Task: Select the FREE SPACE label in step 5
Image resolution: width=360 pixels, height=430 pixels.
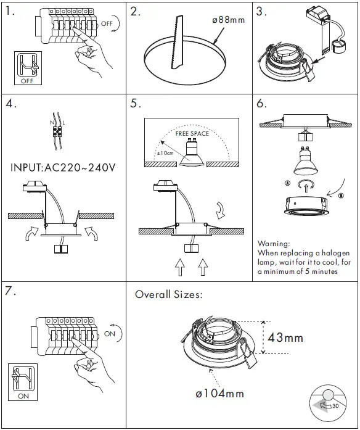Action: (x=192, y=133)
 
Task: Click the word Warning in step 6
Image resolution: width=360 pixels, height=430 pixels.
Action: (x=273, y=244)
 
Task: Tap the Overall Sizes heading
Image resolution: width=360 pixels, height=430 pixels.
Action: (x=168, y=295)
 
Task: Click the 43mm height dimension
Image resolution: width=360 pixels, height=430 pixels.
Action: (x=284, y=337)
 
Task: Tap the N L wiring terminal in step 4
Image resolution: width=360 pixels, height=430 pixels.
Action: (x=59, y=131)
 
